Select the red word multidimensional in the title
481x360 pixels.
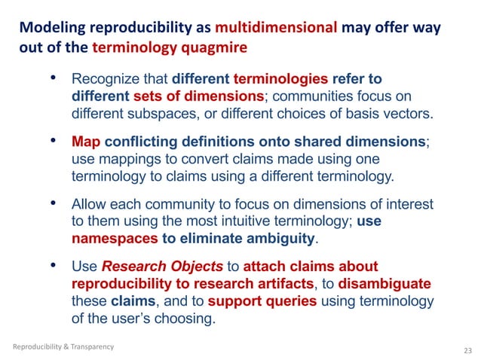pyautogui.click(x=275, y=29)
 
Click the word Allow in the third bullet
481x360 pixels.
pyautogui.click(x=89, y=205)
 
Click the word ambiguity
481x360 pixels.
pyautogui.click(x=276, y=240)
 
